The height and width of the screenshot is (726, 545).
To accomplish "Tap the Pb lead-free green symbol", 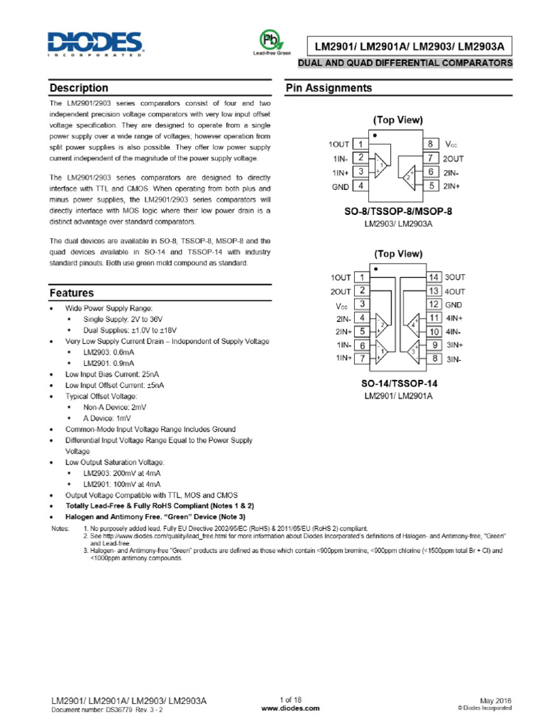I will click(x=268, y=39).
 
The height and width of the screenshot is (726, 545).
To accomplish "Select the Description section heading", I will click(x=79, y=88).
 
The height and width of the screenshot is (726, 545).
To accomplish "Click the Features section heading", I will click(x=72, y=293).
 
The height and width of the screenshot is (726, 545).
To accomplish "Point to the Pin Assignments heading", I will click(x=328, y=88).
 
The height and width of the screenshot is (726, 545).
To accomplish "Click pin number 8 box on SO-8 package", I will click(x=431, y=144).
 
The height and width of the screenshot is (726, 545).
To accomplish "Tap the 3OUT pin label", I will click(x=455, y=277).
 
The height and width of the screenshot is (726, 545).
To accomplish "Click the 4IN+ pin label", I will click(x=454, y=318).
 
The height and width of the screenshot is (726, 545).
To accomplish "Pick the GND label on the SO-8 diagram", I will click(x=340, y=186).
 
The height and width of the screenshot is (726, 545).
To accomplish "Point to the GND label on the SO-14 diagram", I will click(x=453, y=304).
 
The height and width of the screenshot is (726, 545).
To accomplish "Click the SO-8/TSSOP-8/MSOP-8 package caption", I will click(x=398, y=211).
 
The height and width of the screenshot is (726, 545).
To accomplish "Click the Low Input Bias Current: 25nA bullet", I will click(x=112, y=374).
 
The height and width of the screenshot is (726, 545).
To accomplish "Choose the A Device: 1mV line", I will click(x=107, y=418).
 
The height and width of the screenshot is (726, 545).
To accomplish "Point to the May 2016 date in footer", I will click(x=497, y=700).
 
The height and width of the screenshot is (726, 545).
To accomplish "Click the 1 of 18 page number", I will click(x=291, y=700).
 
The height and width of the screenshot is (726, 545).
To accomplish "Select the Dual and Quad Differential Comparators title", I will click(x=405, y=63).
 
